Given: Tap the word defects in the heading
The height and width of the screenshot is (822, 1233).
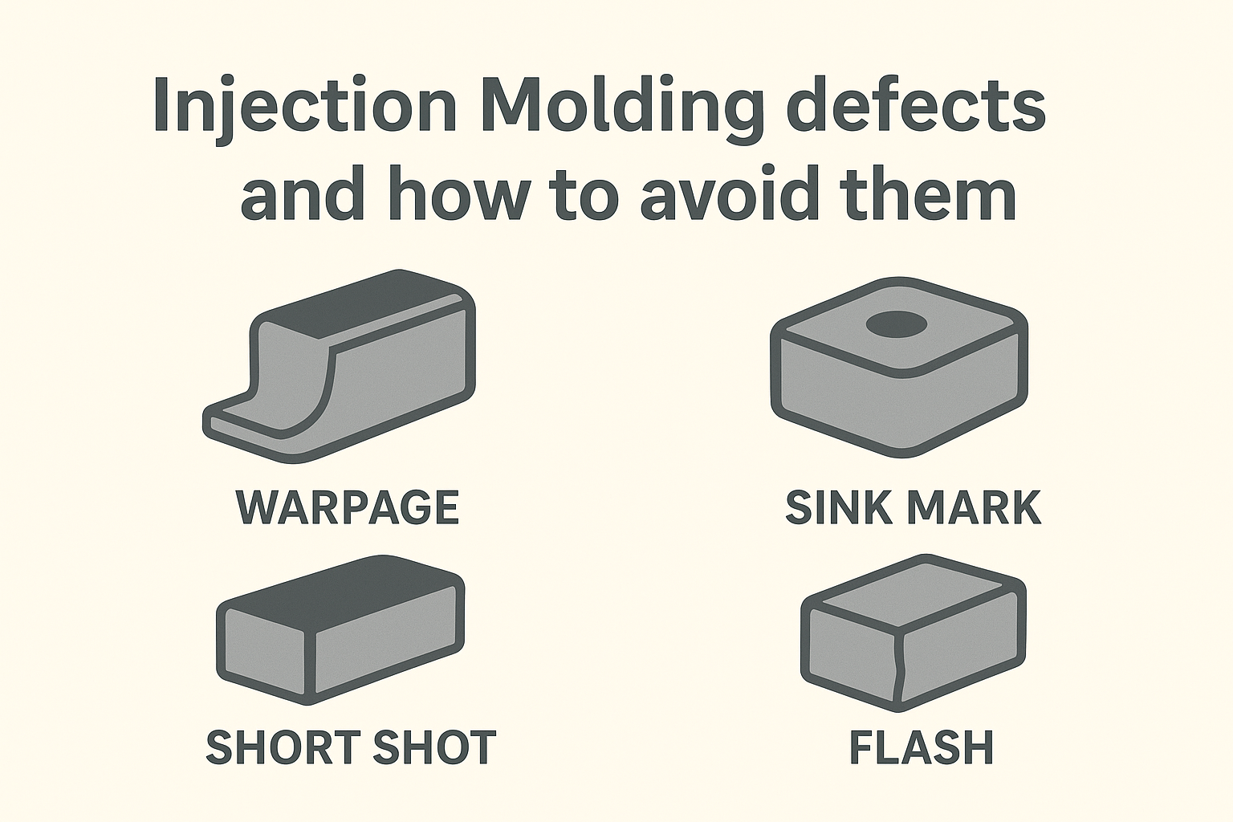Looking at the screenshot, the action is click(x=917, y=104).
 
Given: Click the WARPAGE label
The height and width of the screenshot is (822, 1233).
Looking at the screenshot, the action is click(x=348, y=507).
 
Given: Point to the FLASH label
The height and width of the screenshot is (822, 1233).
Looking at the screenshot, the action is click(x=922, y=747).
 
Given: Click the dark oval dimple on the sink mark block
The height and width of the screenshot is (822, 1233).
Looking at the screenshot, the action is click(x=897, y=324).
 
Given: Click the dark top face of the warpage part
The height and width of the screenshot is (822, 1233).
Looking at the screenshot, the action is click(x=364, y=306).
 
